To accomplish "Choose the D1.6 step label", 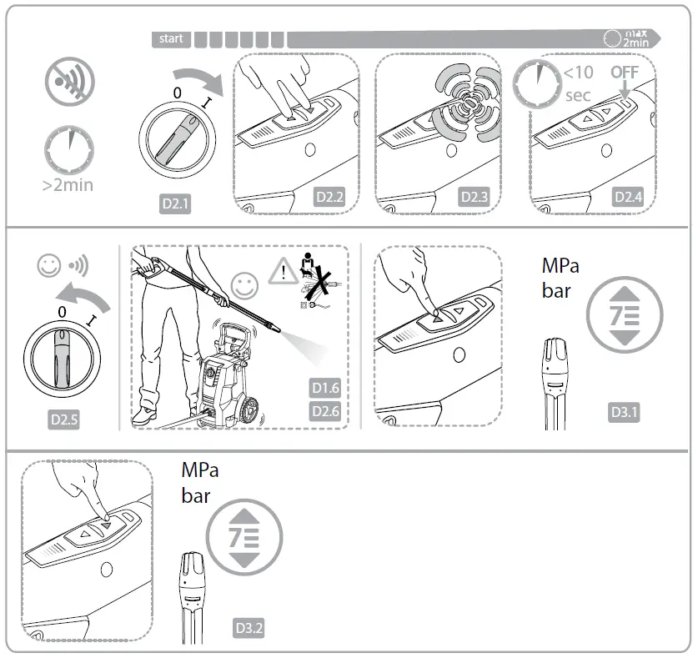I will pyautogui.click(x=326, y=388).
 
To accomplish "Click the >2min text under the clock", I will pyautogui.click(x=68, y=185).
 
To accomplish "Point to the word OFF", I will pyautogui.click(x=624, y=73).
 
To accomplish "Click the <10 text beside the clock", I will pyautogui.click(x=578, y=73).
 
